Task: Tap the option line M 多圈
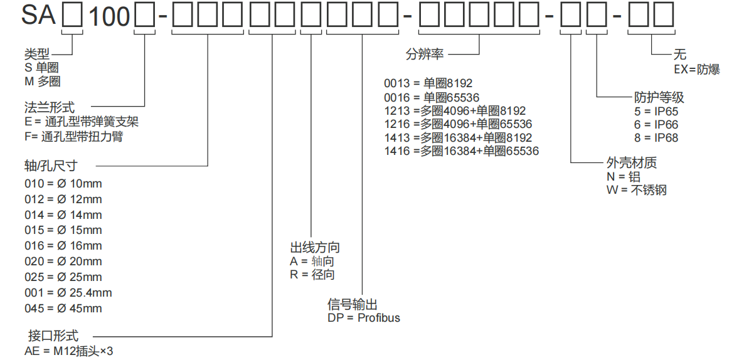[x=43, y=82]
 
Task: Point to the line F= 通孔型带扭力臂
[x=73, y=137]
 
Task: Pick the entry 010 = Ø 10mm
[x=63, y=184]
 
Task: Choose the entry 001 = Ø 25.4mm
[x=68, y=293]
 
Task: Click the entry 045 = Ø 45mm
[x=63, y=309]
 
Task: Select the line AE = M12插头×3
[x=68, y=351]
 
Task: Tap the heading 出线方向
[x=314, y=248]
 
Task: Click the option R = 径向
[x=312, y=275]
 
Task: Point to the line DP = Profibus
[x=363, y=317]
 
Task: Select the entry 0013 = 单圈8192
[x=428, y=83]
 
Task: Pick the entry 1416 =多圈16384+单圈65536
[x=461, y=151]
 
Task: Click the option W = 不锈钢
[x=636, y=190]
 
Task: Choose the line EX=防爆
[x=696, y=70]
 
